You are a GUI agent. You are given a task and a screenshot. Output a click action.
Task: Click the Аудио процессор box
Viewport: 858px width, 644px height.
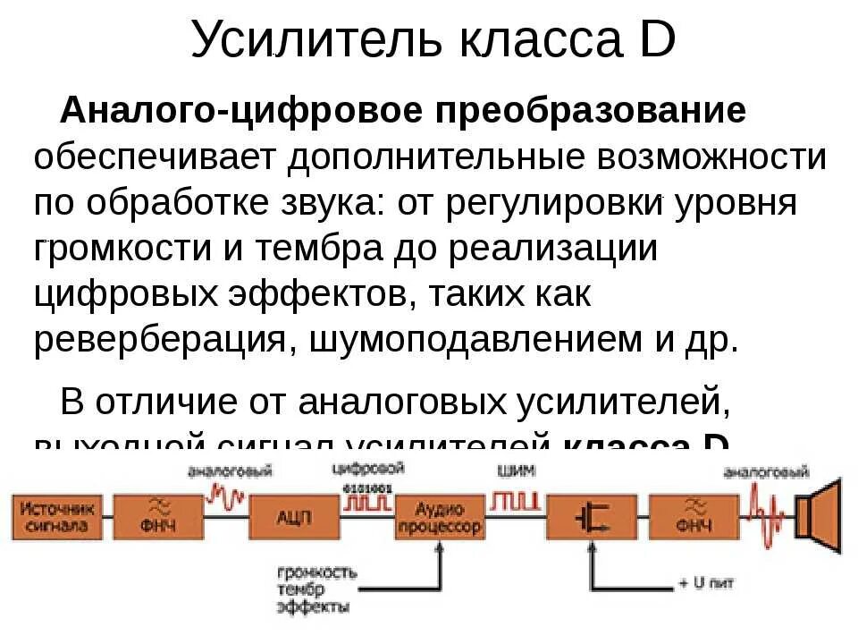pyautogui.click(x=438, y=516)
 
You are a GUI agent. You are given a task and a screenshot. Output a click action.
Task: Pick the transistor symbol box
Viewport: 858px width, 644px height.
pyautogui.click(x=591, y=516)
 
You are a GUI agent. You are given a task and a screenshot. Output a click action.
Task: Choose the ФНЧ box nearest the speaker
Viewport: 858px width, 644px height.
pyautogui.click(x=694, y=516)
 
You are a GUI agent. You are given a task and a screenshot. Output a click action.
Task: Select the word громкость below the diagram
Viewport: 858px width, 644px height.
pyautogui.click(x=316, y=572)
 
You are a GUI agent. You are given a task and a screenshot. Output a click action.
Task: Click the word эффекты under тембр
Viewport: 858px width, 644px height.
pyautogui.click(x=313, y=606)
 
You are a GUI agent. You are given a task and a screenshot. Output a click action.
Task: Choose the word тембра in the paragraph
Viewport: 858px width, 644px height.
pyautogui.click(x=321, y=250)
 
